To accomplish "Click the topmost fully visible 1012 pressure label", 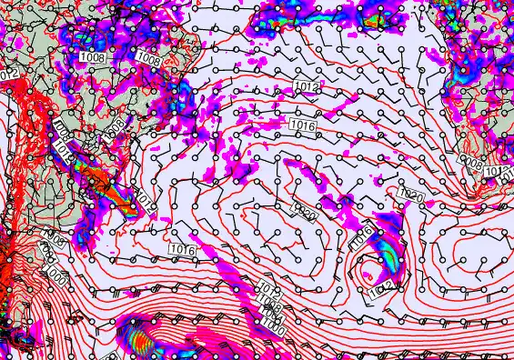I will coord(307,86).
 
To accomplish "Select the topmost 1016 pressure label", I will coord(301,125).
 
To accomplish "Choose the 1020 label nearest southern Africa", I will coord(411,195).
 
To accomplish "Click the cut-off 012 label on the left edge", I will coord(9,73).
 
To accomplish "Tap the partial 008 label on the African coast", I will coord(471,163).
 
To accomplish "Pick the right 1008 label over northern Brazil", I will coord(149,60).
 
